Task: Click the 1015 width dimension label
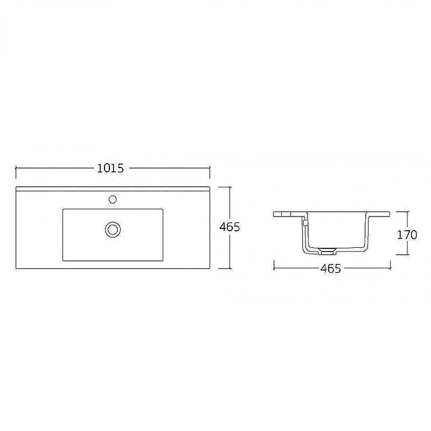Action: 110,168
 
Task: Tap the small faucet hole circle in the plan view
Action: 113,199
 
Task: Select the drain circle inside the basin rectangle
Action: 113,230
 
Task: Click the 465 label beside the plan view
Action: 230,227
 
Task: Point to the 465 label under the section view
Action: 331,268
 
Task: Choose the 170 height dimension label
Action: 407,235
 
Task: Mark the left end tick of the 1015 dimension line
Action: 16,168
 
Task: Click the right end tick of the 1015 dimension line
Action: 210,168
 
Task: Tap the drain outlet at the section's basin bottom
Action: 327,251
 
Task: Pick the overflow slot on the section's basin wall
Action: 304,222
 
